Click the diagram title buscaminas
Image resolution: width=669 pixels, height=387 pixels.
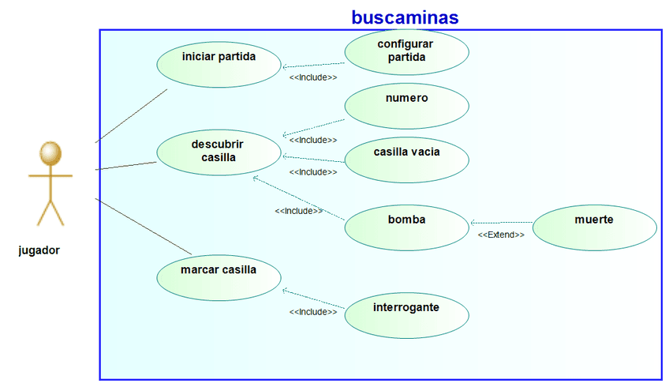coord(405,17)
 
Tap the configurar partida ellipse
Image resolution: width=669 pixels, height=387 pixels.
coord(406,51)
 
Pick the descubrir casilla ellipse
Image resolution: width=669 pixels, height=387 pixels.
coord(219,151)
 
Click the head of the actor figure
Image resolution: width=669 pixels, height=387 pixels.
coord(50,152)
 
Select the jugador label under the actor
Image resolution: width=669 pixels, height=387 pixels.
coord(39,250)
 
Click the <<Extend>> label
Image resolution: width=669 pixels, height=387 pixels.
coord(501,235)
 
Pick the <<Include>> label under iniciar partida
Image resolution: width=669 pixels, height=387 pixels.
coord(313,77)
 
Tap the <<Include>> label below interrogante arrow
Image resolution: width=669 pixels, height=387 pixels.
coord(313,312)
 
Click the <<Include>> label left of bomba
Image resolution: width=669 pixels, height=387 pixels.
coord(298,211)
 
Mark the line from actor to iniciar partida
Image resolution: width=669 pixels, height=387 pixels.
coord(130,116)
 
